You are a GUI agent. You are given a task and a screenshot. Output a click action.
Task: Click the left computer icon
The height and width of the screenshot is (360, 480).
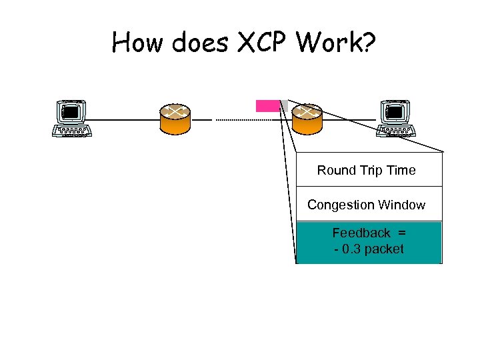pyautogui.click(x=71, y=117)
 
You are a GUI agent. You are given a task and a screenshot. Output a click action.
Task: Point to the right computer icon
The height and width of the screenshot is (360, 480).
pyautogui.click(x=397, y=117)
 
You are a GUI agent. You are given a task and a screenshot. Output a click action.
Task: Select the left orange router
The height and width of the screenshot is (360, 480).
pyautogui.click(x=175, y=119)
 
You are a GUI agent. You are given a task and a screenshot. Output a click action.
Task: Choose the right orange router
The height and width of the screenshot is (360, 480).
pyautogui.click(x=307, y=119)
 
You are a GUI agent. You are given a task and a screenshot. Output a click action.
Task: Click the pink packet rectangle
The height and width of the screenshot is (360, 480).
pyautogui.click(x=267, y=105)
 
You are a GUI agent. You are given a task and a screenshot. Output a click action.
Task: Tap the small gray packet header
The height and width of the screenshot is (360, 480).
pyautogui.click(x=283, y=105)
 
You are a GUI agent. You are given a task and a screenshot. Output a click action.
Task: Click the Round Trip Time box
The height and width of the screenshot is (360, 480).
pyautogui.click(x=369, y=169)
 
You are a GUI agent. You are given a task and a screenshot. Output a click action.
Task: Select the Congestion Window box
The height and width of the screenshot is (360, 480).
pyautogui.click(x=369, y=204)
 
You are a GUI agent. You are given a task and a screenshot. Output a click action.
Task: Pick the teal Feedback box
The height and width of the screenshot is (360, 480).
pyautogui.click(x=369, y=242)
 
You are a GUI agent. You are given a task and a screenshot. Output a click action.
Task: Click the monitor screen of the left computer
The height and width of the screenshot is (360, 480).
pyautogui.click(x=71, y=112)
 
